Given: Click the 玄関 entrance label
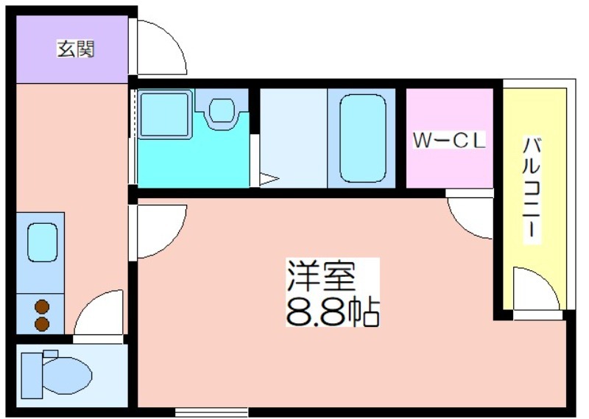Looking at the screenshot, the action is click(x=76, y=49).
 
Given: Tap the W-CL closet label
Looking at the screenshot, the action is click(x=450, y=140).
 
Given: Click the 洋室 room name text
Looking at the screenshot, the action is click(x=321, y=275).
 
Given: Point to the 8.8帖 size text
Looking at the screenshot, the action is click(x=333, y=311).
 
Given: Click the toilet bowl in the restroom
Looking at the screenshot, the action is click(x=68, y=376).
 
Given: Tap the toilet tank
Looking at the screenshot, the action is click(x=32, y=375).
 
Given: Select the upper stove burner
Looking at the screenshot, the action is click(x=42, y=306).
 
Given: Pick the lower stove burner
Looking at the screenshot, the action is click(x=42, y=324).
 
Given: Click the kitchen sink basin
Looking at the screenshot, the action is click(x=43, y=242).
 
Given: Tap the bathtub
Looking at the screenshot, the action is click(x=363, y=138).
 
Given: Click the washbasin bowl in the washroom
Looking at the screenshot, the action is click(x=222, y=110).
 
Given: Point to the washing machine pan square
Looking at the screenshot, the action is click(x=164, y=113).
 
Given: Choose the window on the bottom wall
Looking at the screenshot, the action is click(x=211, y=412).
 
